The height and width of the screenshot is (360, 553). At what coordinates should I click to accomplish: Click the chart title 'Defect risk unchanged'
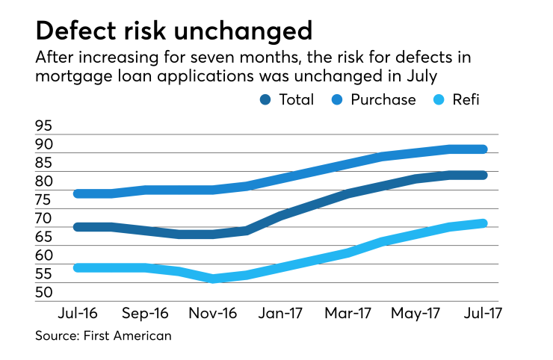[173, 31]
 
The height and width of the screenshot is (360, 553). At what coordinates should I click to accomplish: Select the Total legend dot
[267, 99]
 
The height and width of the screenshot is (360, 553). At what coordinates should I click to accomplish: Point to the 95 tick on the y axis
[44, 126]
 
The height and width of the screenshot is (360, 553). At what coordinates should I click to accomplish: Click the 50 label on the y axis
[44, 292]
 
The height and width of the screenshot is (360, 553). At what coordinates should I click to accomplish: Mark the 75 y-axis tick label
[44, 200]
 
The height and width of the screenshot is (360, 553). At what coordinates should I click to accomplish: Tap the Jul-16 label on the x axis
[78, 314]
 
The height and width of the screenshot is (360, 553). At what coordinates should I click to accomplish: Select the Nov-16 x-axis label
[213, 314]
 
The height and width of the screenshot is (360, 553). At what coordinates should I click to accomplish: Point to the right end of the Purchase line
[485, 149]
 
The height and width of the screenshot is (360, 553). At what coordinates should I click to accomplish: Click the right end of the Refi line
[485, 223]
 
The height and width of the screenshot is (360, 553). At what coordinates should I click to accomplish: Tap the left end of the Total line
[78, 226]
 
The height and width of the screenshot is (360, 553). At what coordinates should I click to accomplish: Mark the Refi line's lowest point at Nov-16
[213, 279]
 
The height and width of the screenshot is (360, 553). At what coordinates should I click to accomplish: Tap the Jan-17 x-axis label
[281, 314]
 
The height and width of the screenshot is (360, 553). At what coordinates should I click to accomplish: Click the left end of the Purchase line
[78, 193]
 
